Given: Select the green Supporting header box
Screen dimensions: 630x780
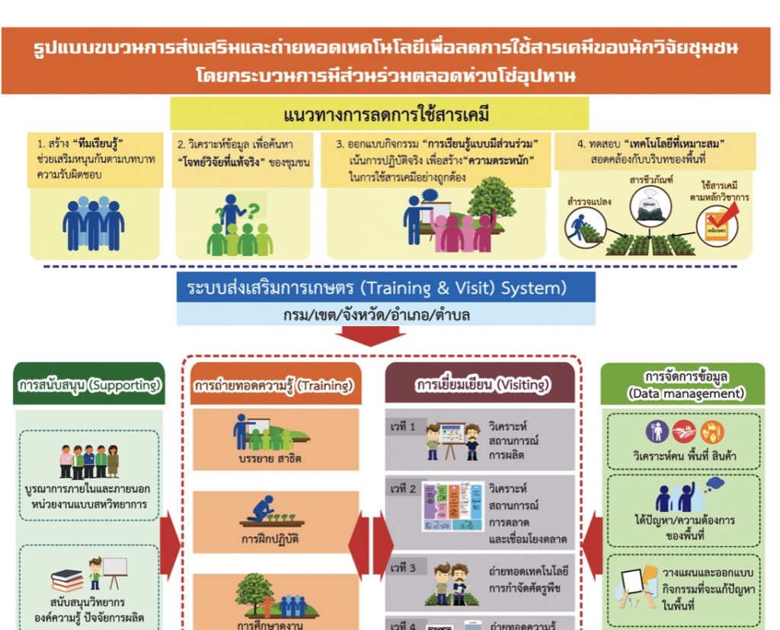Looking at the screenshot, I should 90,385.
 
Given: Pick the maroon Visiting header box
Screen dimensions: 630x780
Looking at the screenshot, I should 481,385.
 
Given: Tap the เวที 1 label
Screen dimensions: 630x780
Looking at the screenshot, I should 403,427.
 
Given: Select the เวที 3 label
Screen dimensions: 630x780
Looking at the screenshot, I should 403,568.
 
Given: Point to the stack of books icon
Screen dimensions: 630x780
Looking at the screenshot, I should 67,580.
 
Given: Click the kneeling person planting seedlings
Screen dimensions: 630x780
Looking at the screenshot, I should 263,510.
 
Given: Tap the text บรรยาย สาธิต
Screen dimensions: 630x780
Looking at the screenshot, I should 264,459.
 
